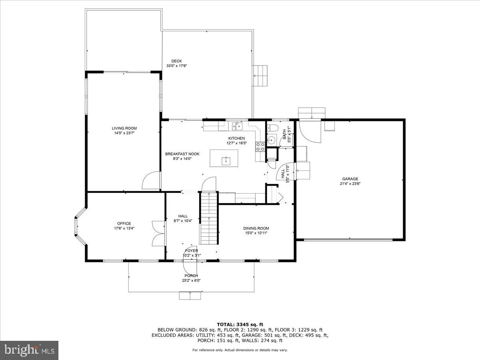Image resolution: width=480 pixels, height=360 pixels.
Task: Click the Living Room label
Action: pos(124,128)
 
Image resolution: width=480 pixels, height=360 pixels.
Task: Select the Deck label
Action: pos(176,61)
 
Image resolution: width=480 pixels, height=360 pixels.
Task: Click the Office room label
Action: pos(124,224)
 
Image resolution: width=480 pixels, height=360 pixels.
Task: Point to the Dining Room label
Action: pos(256,228)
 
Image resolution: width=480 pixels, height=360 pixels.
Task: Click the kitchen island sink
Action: pos(225,160)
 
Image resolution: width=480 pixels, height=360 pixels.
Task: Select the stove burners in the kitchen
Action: pos(260,147)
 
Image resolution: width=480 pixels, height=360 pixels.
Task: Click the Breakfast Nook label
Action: pos(182,154)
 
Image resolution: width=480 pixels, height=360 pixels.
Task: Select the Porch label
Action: pos(191,276)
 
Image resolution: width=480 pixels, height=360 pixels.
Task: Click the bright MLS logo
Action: pos(30,350)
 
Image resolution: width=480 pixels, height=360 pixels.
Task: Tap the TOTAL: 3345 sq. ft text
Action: pos(240,324)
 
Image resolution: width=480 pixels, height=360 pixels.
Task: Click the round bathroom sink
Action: pos(271,140)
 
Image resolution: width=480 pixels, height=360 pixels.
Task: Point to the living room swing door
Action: pos(151,180)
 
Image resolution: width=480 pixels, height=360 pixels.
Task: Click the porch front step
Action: pos(190,296)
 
